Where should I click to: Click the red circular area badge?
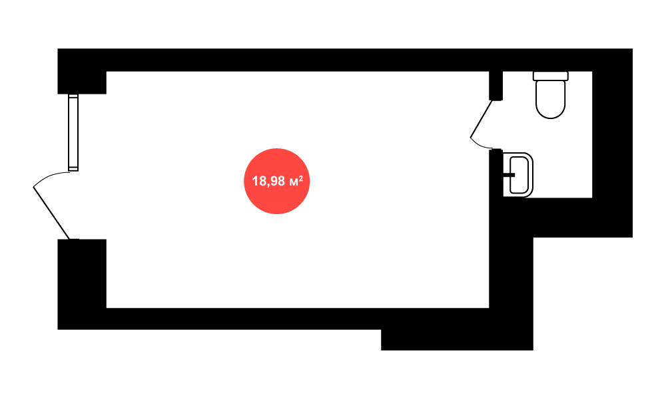coord(276,181)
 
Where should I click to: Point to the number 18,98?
coord(268,182)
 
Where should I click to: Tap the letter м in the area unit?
coord(293,182)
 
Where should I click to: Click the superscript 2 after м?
coord(301,178)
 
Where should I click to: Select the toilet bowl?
coord(551,99)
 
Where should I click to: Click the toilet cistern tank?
coord(551,76)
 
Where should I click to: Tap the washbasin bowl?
coord(519,175)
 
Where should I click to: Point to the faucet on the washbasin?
coord(509,175)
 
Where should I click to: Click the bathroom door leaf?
coord(481,119)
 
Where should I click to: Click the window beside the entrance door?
coord(73,132)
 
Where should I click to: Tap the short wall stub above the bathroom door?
coord(496,86)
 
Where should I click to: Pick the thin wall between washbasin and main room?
coord(496,173)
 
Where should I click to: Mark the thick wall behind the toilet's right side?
coord(613,143)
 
